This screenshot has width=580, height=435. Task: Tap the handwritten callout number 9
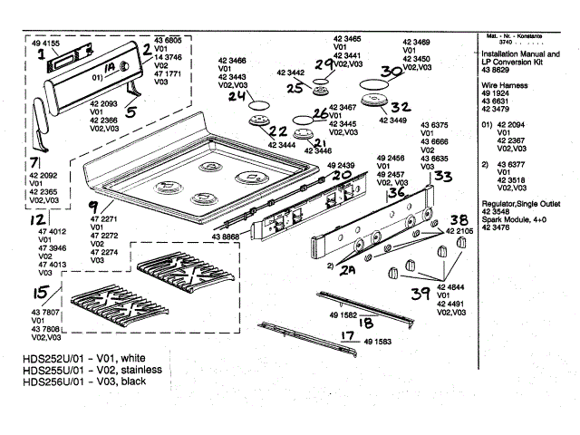point(92,208)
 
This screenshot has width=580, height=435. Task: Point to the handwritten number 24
point(237,95)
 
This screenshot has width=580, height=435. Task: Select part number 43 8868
point(227,237)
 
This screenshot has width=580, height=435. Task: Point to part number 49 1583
point(380,343)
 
